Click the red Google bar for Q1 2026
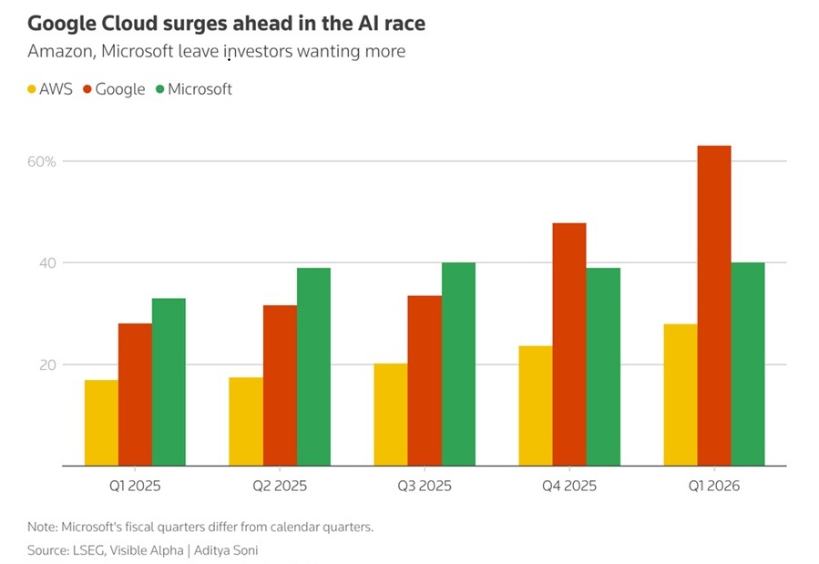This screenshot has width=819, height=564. tap(713, 306)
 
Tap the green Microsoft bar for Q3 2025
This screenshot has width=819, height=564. tap(458, 364)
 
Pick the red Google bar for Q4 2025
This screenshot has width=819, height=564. tap(569, 344)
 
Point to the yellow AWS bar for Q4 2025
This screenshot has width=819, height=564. tap(536, 406)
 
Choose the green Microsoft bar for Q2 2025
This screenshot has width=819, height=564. tap(313, 367)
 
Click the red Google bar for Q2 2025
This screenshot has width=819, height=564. tap(280, 385)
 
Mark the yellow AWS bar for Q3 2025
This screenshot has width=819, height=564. tap(391, 415)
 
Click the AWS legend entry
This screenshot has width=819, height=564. tap(50, 89)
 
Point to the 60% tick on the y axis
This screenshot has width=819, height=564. tap(42, 161)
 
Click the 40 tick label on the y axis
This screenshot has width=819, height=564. tap(46, 263)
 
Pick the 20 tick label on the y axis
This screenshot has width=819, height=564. tap(46, 364)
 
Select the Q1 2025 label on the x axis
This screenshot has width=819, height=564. tap(135, 486)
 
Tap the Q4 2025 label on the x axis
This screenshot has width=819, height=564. tap(569, 486)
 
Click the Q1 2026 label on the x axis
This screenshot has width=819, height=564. tap(714, 486)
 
